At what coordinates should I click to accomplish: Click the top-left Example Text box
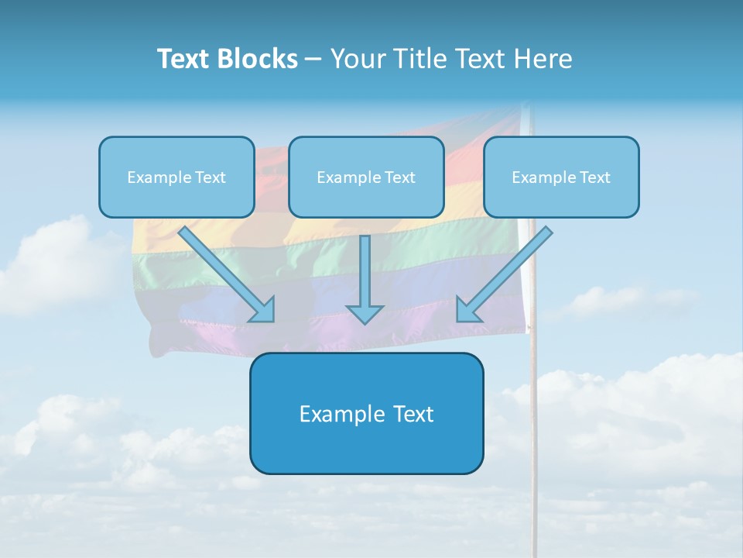pyautogui.click(x=176, y=177)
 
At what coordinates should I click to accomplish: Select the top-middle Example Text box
pyautogui.click(x=366, y=177)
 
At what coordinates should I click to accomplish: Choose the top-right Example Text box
pyautogui.click(x=561, y=177)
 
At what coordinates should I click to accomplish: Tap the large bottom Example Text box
pyautogui.click(x=366, y=413)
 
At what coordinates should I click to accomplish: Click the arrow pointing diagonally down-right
pyautogui.click(x=224, y=271)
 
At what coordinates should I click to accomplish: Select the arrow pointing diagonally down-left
pyautogui.click(x=507, y=271)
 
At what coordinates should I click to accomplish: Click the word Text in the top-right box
pyautogui.click(x=594, y=177)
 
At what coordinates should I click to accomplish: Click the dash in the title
pyautogui.click(x=313, y=60)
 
